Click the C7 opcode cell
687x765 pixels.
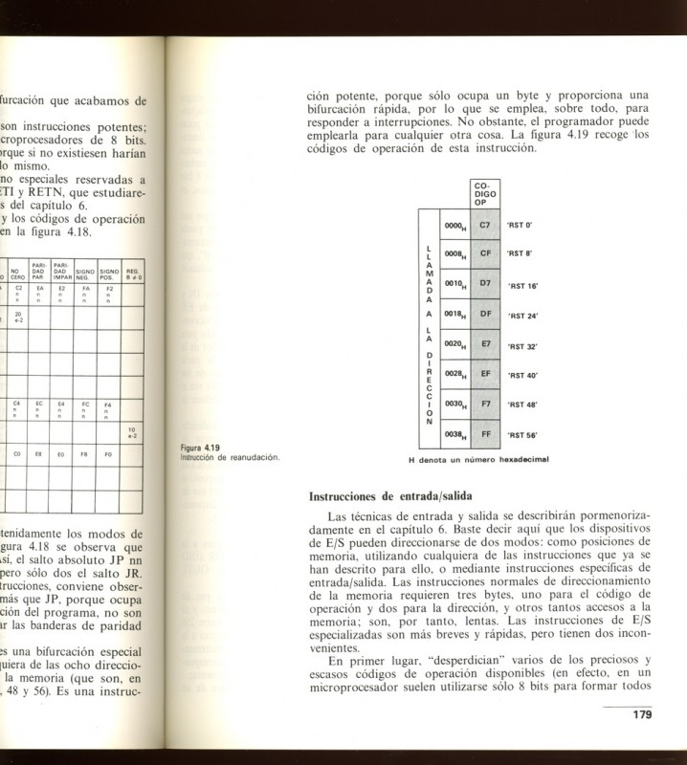point(485,225)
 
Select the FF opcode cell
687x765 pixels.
point(485,433)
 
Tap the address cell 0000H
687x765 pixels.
point(454,226)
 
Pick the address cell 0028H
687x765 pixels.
point(454,374)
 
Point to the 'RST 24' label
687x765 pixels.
point(522,315)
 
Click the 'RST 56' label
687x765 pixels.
point(522,434)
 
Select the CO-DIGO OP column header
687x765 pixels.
point(485,193)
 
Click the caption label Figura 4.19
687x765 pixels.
point(201,448)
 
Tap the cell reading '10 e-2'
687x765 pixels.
point(132,431)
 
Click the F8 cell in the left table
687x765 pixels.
point(86,455)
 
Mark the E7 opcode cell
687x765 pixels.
point(485,344)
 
